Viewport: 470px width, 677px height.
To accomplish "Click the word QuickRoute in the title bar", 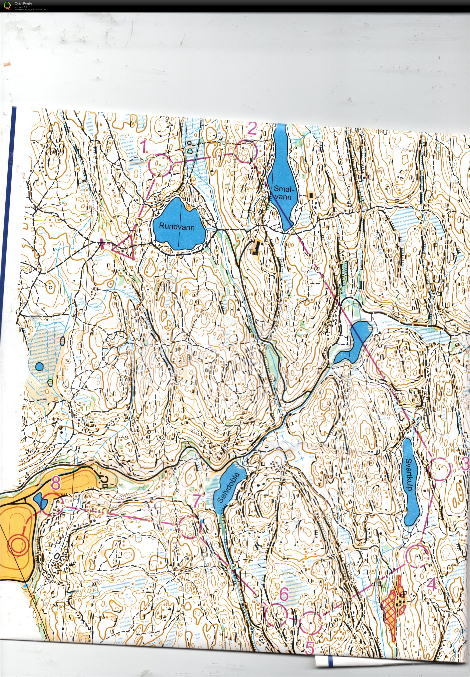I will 23,3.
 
